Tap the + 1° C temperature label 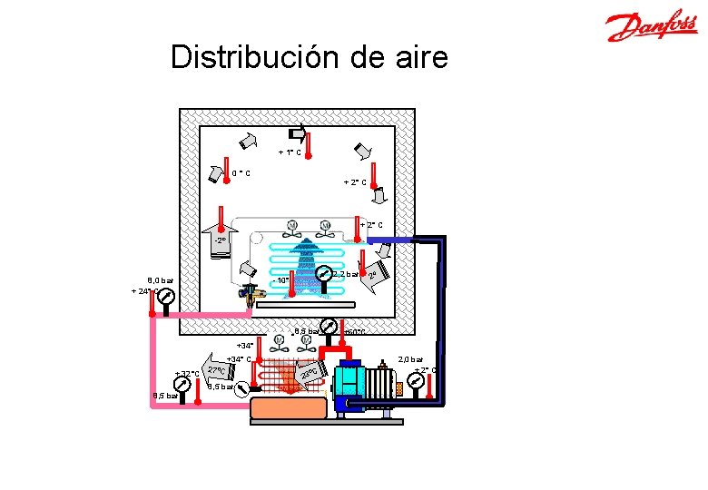click(290, 152)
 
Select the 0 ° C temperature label click(241, 173)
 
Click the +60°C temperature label click(353, 332)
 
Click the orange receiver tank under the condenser click(288, 407)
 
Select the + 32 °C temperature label click(187, 374)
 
